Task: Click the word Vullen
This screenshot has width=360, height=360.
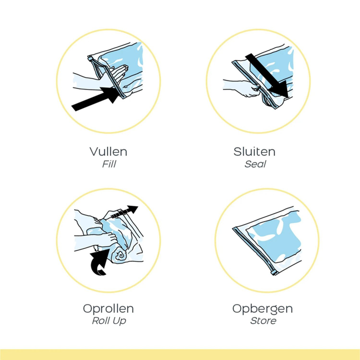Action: [108, 152]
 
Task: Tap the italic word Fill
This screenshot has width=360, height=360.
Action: [109, 164]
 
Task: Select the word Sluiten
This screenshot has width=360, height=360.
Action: [254, 152]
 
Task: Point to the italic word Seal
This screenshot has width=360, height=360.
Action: [255, 164]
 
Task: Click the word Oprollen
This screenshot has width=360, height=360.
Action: [108, 308]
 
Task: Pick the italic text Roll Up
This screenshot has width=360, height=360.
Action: [109, 321]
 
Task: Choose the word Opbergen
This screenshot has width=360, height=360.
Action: [262, 309]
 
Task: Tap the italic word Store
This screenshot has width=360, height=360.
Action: [263, 321]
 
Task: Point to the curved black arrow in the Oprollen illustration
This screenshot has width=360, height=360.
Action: [99, 261]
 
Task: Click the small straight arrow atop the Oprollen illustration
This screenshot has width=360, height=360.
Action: [124, 212]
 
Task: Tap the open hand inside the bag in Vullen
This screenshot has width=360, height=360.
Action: [119, 73]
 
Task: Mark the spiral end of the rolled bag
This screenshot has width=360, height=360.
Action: [120, 255]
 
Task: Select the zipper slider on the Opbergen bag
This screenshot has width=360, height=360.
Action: [273, 272]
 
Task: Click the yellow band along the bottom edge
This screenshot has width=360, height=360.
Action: [180, 354]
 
